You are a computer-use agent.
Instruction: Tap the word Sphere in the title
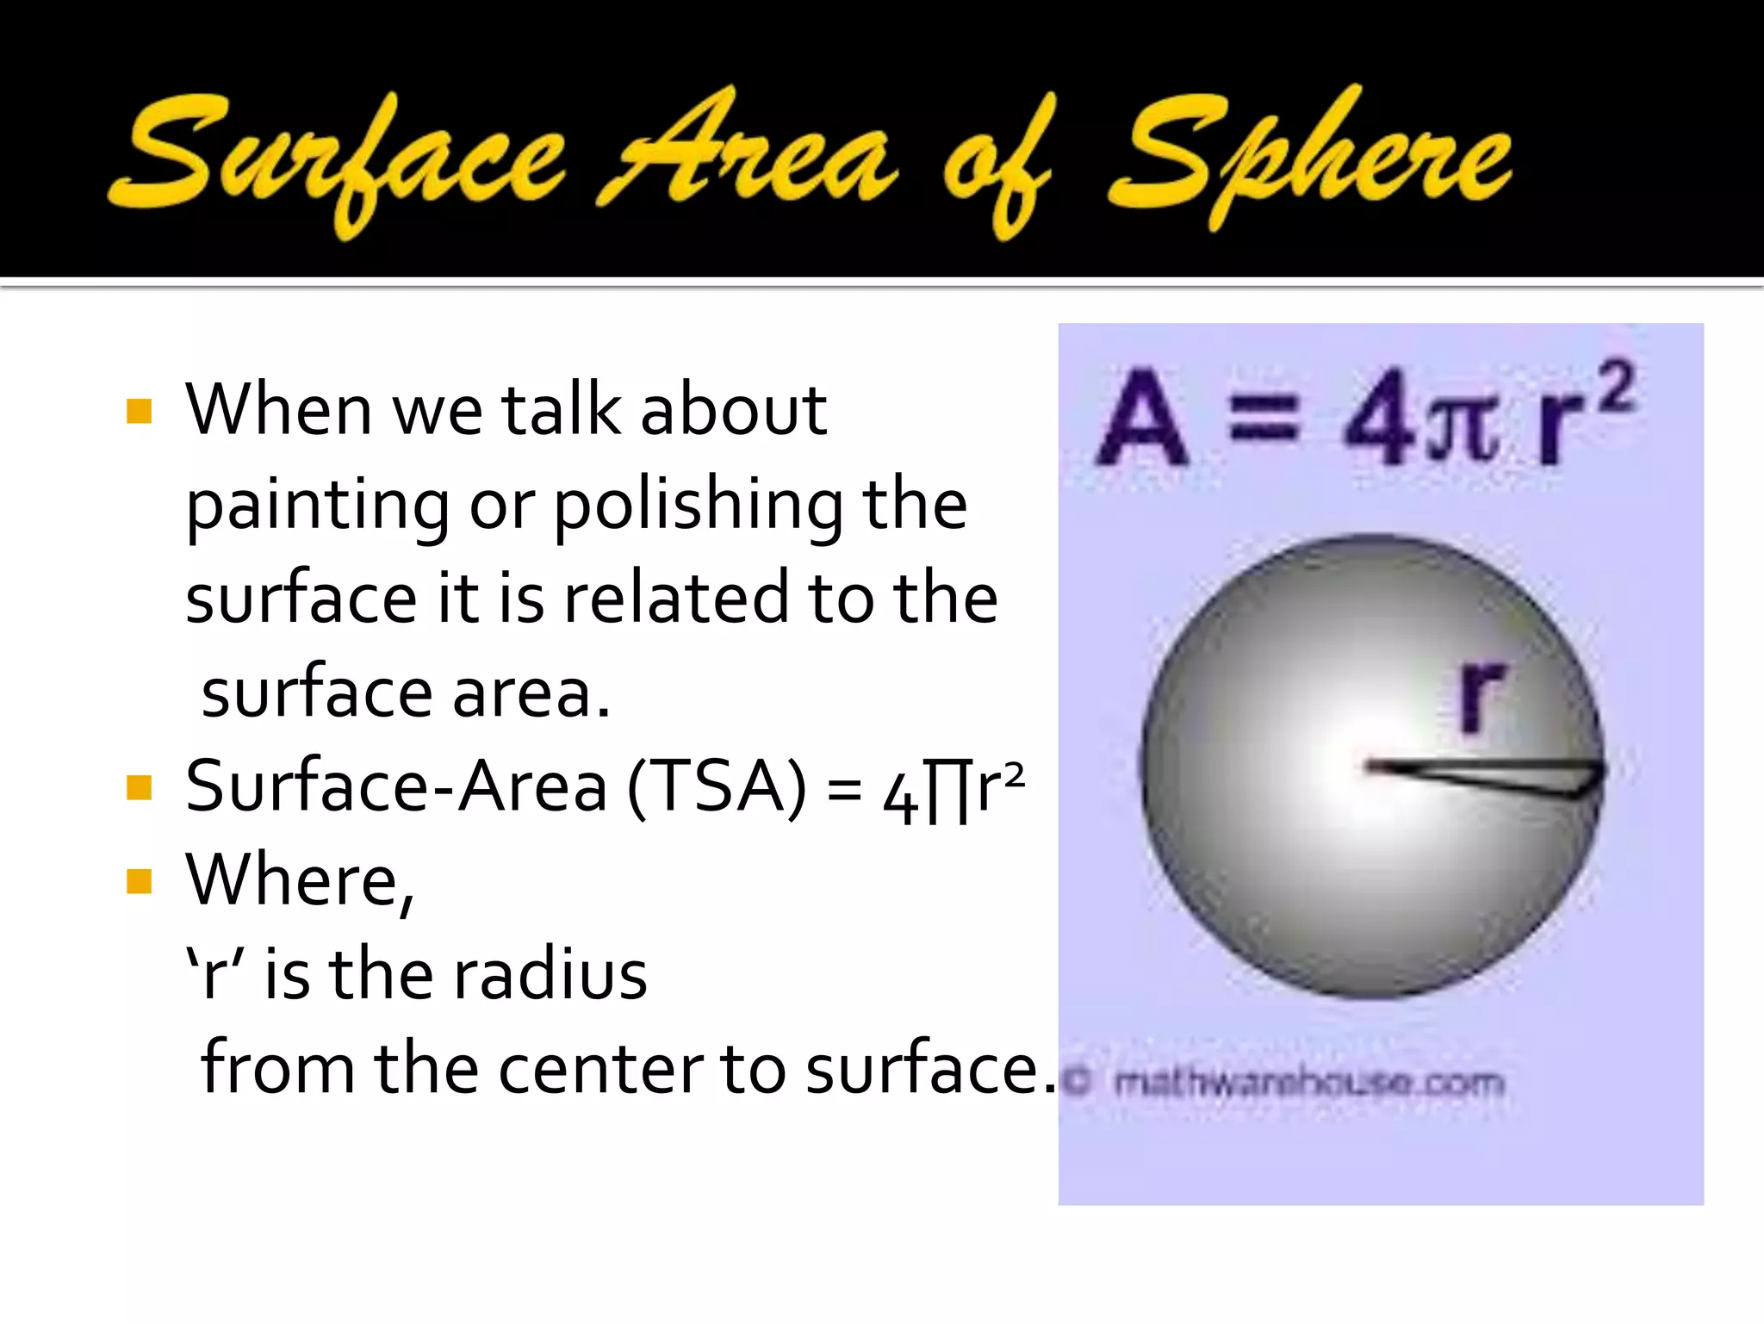(x=1309, y=159)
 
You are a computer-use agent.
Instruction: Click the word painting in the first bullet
(x=317, y=506)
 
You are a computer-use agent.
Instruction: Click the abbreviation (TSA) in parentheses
(x=717, y=786)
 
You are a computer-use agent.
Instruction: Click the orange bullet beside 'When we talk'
(x=139, y=411)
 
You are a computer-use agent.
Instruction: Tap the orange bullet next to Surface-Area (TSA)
(x=139, y=787)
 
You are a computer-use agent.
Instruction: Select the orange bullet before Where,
(x=139, y=881)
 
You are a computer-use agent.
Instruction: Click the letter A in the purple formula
(x=1142, y=417)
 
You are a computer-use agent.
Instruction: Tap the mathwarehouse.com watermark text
(x=1308, y=1083)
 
